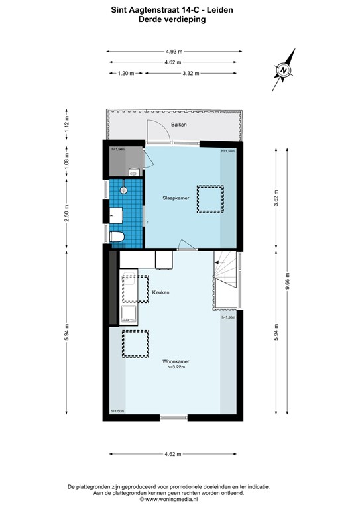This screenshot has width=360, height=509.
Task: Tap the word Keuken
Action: [160, 292]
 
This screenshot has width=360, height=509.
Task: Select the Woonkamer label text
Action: [176, 361]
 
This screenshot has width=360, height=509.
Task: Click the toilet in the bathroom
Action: [116, 237]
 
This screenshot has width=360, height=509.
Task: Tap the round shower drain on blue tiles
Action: [123, 190]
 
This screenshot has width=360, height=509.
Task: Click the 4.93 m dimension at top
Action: [174, 51]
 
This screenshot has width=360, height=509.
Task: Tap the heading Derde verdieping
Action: [172, 20]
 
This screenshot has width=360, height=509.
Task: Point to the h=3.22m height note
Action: [176, 367]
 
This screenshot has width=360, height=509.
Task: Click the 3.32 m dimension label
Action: [191, 74]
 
